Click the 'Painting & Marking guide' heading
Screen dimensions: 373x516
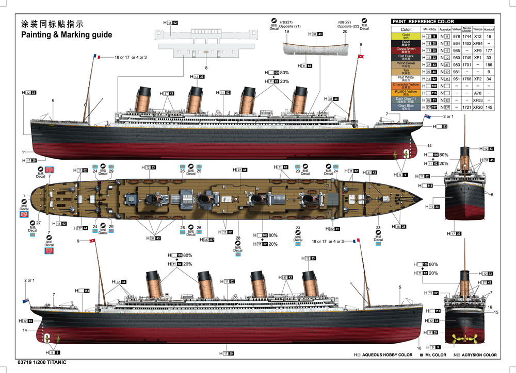click(66, 35)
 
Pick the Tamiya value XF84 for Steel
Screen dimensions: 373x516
click(478, 44)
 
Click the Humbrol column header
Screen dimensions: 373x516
click(489, 30)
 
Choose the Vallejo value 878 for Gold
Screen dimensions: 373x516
click(456, 37)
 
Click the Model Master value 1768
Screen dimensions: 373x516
click(466, 79)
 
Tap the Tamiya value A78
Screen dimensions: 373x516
click(478, 93)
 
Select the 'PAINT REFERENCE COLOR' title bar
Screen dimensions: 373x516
click(423, 22)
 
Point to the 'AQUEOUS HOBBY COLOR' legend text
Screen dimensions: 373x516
click(387, 355)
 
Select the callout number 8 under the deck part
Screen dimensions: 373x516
click(206, 68)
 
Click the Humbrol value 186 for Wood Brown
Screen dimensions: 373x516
click(489, 65)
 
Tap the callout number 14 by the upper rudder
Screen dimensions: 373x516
click(429, 146)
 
